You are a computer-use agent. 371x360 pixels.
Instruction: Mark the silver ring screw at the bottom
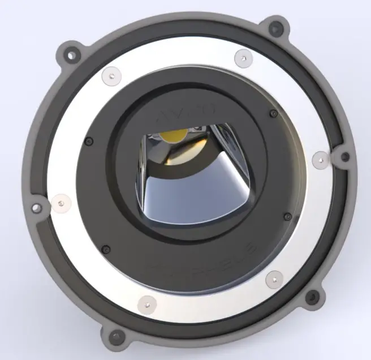146,304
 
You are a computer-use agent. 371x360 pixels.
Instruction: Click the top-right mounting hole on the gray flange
275,27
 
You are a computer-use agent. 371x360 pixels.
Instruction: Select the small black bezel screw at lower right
287,216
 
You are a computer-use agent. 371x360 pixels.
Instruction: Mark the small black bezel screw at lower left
106,248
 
